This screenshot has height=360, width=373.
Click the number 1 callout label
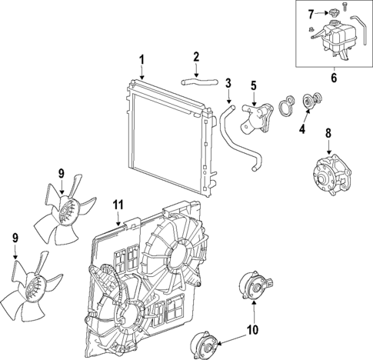click(x=142, y=60)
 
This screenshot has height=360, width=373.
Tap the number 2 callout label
click(x=196, y=56)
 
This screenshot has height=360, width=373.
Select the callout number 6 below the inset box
click(x=334, y=77)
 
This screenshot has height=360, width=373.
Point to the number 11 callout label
click(x=118, y=204)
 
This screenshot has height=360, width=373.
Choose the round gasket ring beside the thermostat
click(x=287, y=105)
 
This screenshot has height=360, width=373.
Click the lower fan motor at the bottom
click(x=205, y=343)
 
